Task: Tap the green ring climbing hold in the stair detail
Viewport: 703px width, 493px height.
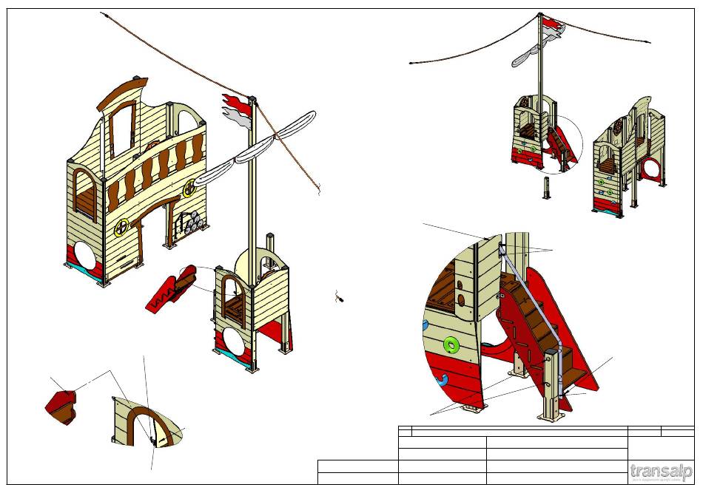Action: click(449, 344)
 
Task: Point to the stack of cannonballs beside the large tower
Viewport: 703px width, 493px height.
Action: click(192, 221)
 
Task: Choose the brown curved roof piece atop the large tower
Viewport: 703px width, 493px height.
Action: click(123, 92)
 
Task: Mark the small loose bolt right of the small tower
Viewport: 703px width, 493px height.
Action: click(340, 298)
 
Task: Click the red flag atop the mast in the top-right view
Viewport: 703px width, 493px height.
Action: click(552, 27)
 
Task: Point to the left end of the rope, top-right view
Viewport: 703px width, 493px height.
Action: click(411, 63)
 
